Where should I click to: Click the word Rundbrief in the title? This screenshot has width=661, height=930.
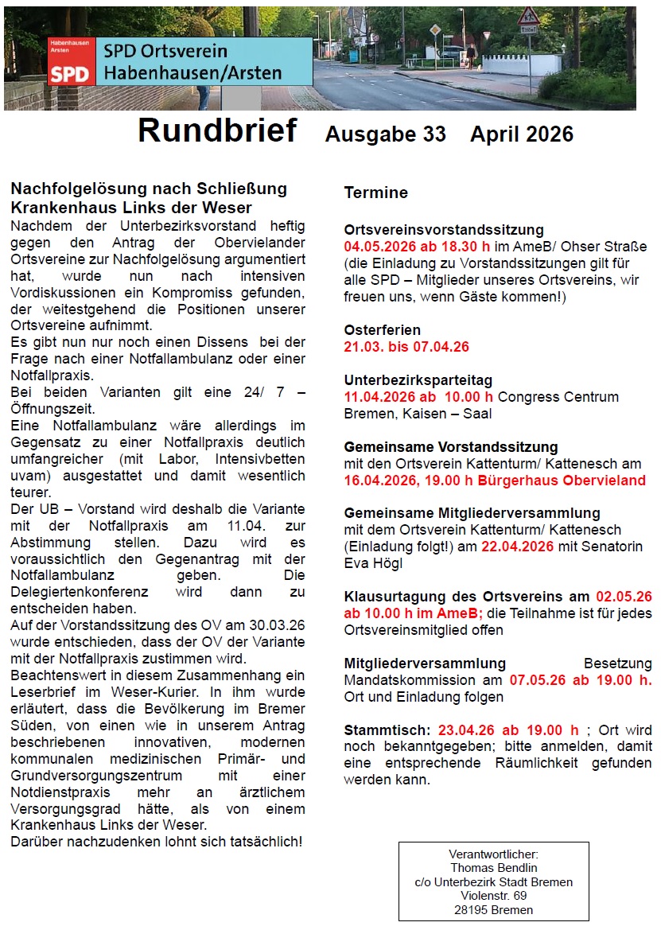pyautogui.click(x=217, y=130)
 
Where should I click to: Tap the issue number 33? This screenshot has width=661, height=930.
pyautogui.click(x=434, y=134)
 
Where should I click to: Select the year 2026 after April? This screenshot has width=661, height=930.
pyautogui.click(x=546, y=134)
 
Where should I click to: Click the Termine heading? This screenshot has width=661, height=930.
pyautogui.click(x=375, y=193)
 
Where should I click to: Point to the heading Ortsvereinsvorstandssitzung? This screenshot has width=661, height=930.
pyautogui.click(x=443, y=231)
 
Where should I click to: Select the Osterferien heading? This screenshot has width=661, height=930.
pyautogui.click(x=382, y=330)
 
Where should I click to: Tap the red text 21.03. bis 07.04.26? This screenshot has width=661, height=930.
pyautogui.click(x=406, y=347)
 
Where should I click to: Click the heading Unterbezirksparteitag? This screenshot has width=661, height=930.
pyautogui.click(x=418, y=380)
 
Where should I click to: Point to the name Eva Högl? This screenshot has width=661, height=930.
pyautogui.click(x=375, y=563)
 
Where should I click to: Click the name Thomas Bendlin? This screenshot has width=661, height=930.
pyautogui.click(x=493, y=867)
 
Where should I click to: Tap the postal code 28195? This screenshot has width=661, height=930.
pyautogui.click(x=470, y=910)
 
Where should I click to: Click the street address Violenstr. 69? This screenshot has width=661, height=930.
pyautogui.click(x=493, y=896)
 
